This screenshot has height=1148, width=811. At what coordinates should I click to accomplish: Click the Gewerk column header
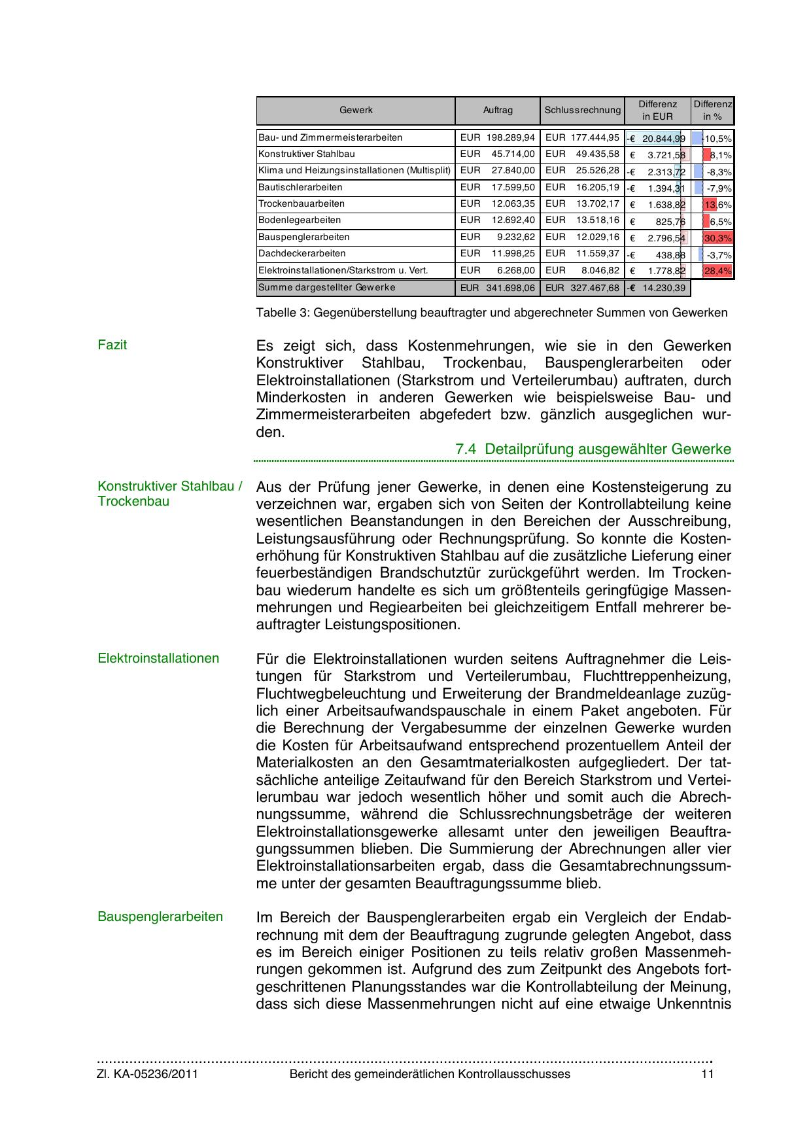356,111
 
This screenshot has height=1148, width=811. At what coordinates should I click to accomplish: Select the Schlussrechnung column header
582,111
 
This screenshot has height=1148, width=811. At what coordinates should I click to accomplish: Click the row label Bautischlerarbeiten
300,188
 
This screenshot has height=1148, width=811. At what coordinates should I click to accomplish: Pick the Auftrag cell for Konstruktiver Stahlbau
498,154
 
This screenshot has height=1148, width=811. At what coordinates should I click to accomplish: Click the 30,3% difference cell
717,238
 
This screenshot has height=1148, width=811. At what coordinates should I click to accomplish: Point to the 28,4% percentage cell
717,271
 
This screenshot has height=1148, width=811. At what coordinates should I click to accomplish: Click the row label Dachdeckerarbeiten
302,254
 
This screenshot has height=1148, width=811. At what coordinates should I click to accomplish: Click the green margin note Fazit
112,345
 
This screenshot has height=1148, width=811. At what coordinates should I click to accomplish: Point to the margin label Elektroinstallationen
158,658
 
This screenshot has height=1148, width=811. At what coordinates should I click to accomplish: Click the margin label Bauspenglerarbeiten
160,916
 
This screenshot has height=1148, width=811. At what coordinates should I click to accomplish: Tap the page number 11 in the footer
707,1074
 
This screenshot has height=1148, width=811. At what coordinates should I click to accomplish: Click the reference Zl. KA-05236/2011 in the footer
147,1074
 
